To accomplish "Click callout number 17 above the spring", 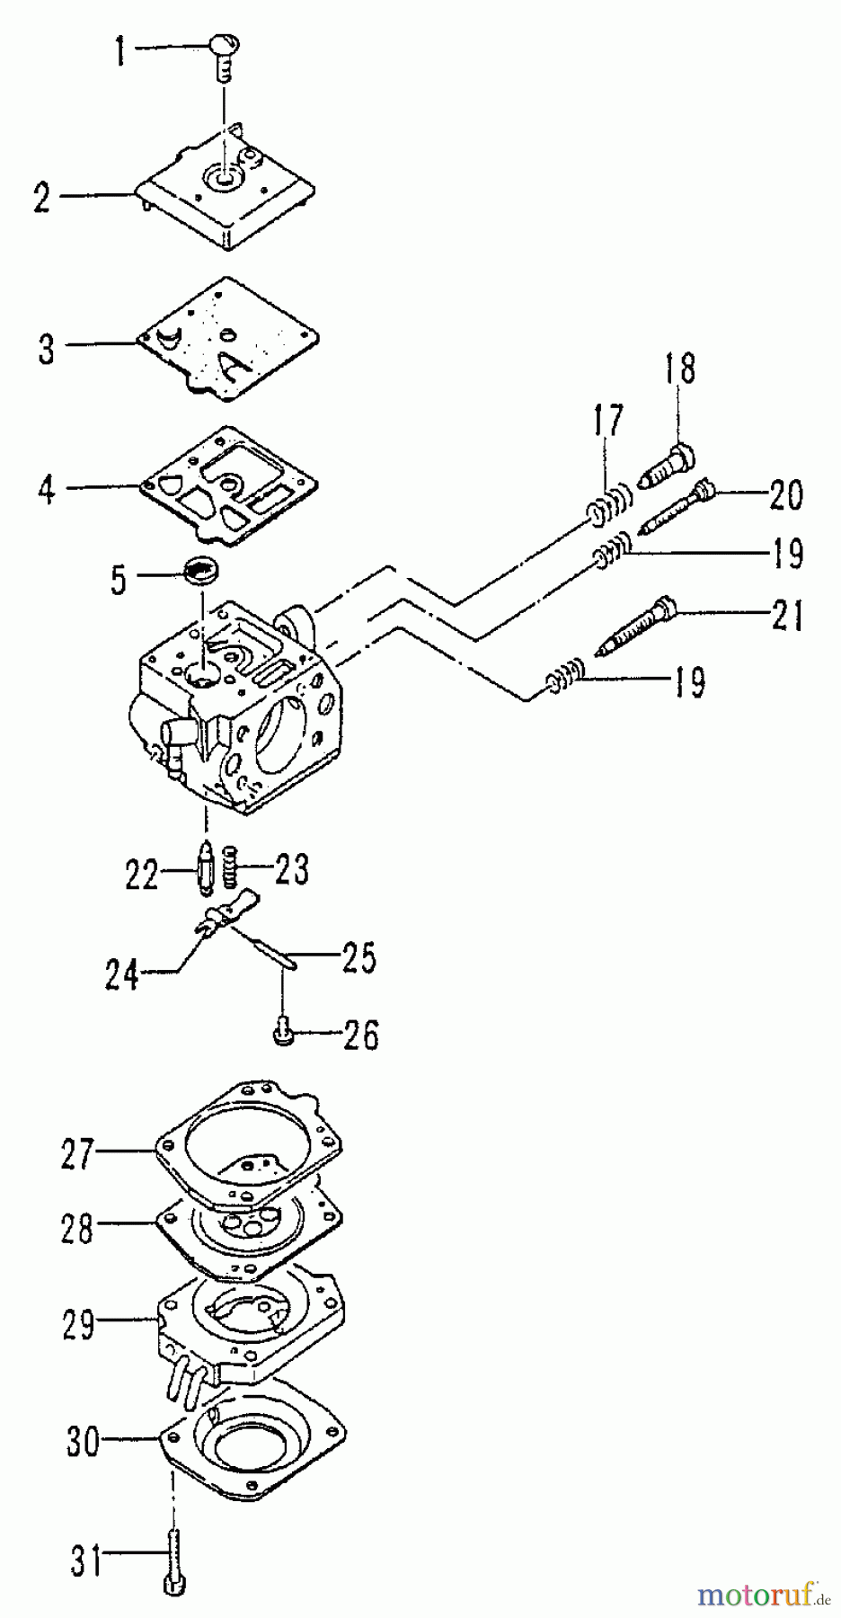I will point(607,421).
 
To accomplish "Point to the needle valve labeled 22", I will point(204,870).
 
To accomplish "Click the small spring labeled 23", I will point(230,867).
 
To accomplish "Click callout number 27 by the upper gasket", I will point(77,1153).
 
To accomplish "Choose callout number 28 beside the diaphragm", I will point(77,1228).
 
